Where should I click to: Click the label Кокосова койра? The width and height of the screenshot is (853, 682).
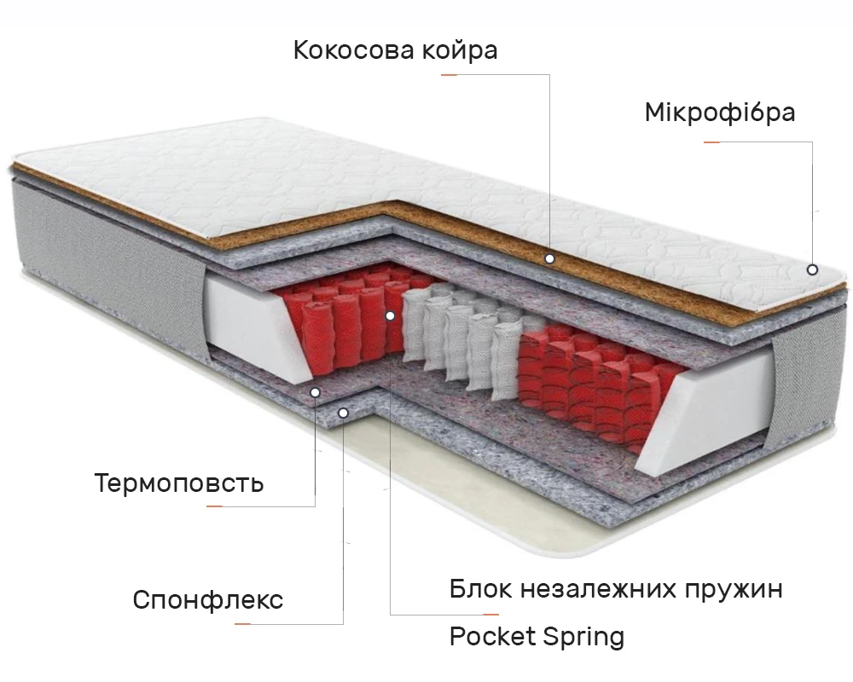coord(395,50)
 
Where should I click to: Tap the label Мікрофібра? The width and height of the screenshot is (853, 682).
coord(720,113)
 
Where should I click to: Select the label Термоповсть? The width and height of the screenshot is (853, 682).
coord(179,484)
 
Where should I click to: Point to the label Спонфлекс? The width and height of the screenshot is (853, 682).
coord(207,600)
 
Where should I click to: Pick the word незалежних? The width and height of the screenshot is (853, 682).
coord(596,589)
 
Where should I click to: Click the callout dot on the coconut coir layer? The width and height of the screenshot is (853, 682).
coord(550,257)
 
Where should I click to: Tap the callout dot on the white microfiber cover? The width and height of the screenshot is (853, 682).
coord(812,269)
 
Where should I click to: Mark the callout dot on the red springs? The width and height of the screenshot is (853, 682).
coord(390,315)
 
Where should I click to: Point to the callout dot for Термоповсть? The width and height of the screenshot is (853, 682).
coord(315,392)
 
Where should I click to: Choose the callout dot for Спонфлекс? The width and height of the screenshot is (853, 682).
coord(343,413)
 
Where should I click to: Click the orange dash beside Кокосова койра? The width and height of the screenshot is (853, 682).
coord(450,75)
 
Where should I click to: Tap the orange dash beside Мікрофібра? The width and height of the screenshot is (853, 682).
coord(711,142)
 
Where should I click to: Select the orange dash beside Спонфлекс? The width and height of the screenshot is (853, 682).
coord(243,624)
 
